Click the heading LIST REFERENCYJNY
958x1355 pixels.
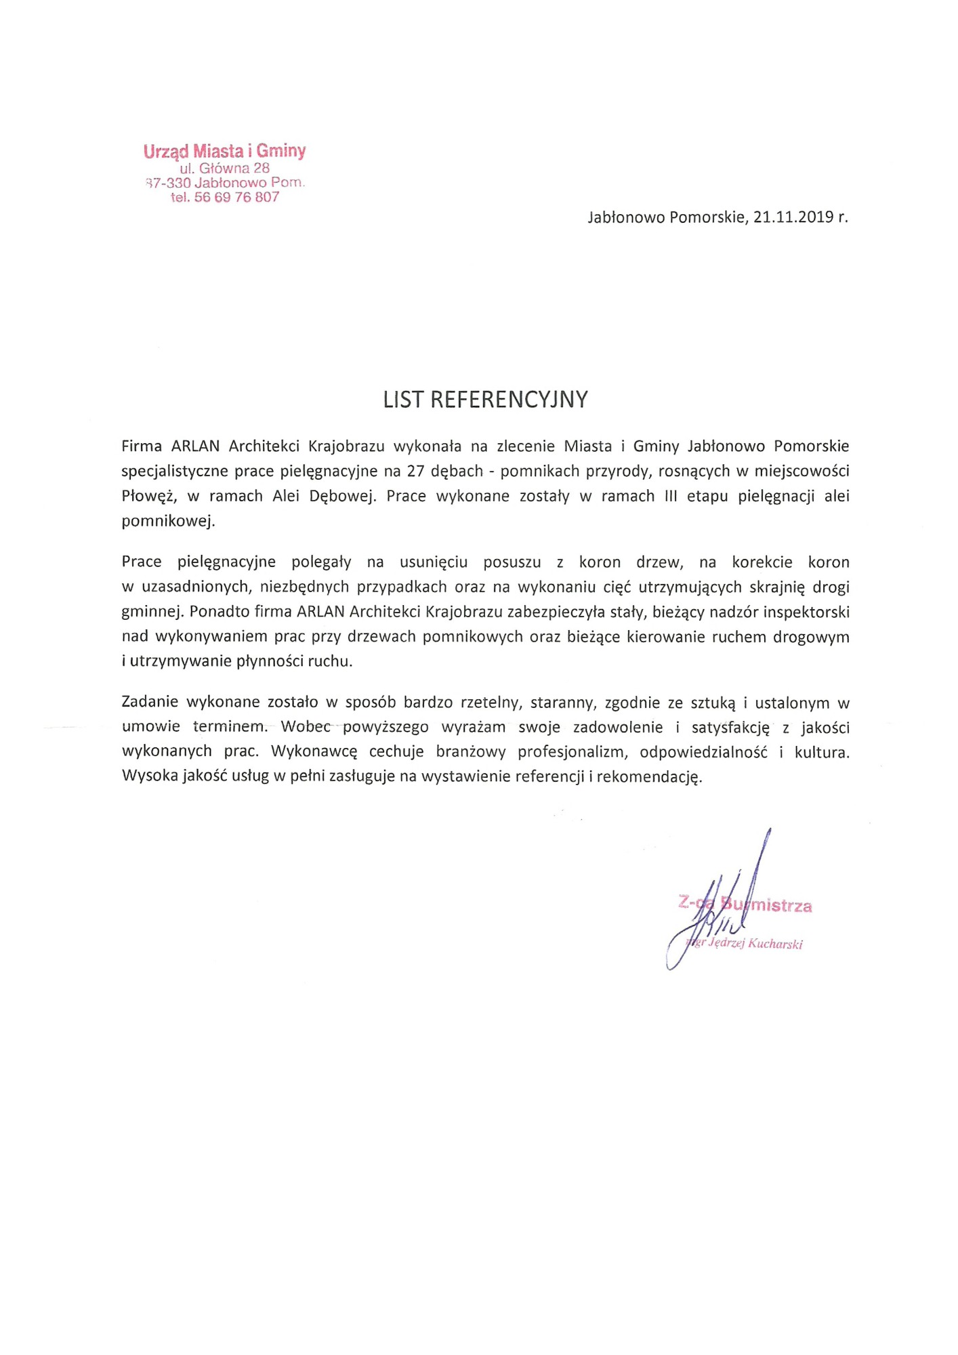(485, 400)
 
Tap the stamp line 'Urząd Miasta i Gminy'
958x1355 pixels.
(224, 151)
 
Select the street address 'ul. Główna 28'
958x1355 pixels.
(224, 168)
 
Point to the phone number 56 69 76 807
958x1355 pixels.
(236, 197)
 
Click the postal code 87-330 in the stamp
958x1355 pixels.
(168, 183)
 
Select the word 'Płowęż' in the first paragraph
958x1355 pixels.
(149, 497)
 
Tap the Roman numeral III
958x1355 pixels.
(671, 496)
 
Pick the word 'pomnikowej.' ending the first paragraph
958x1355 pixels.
(168, 521)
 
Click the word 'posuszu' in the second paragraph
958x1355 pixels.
(512, 562)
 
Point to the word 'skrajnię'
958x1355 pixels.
(776, 587)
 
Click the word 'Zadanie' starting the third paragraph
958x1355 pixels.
(150, 703)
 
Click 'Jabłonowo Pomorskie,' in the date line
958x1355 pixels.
(667, 217)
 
